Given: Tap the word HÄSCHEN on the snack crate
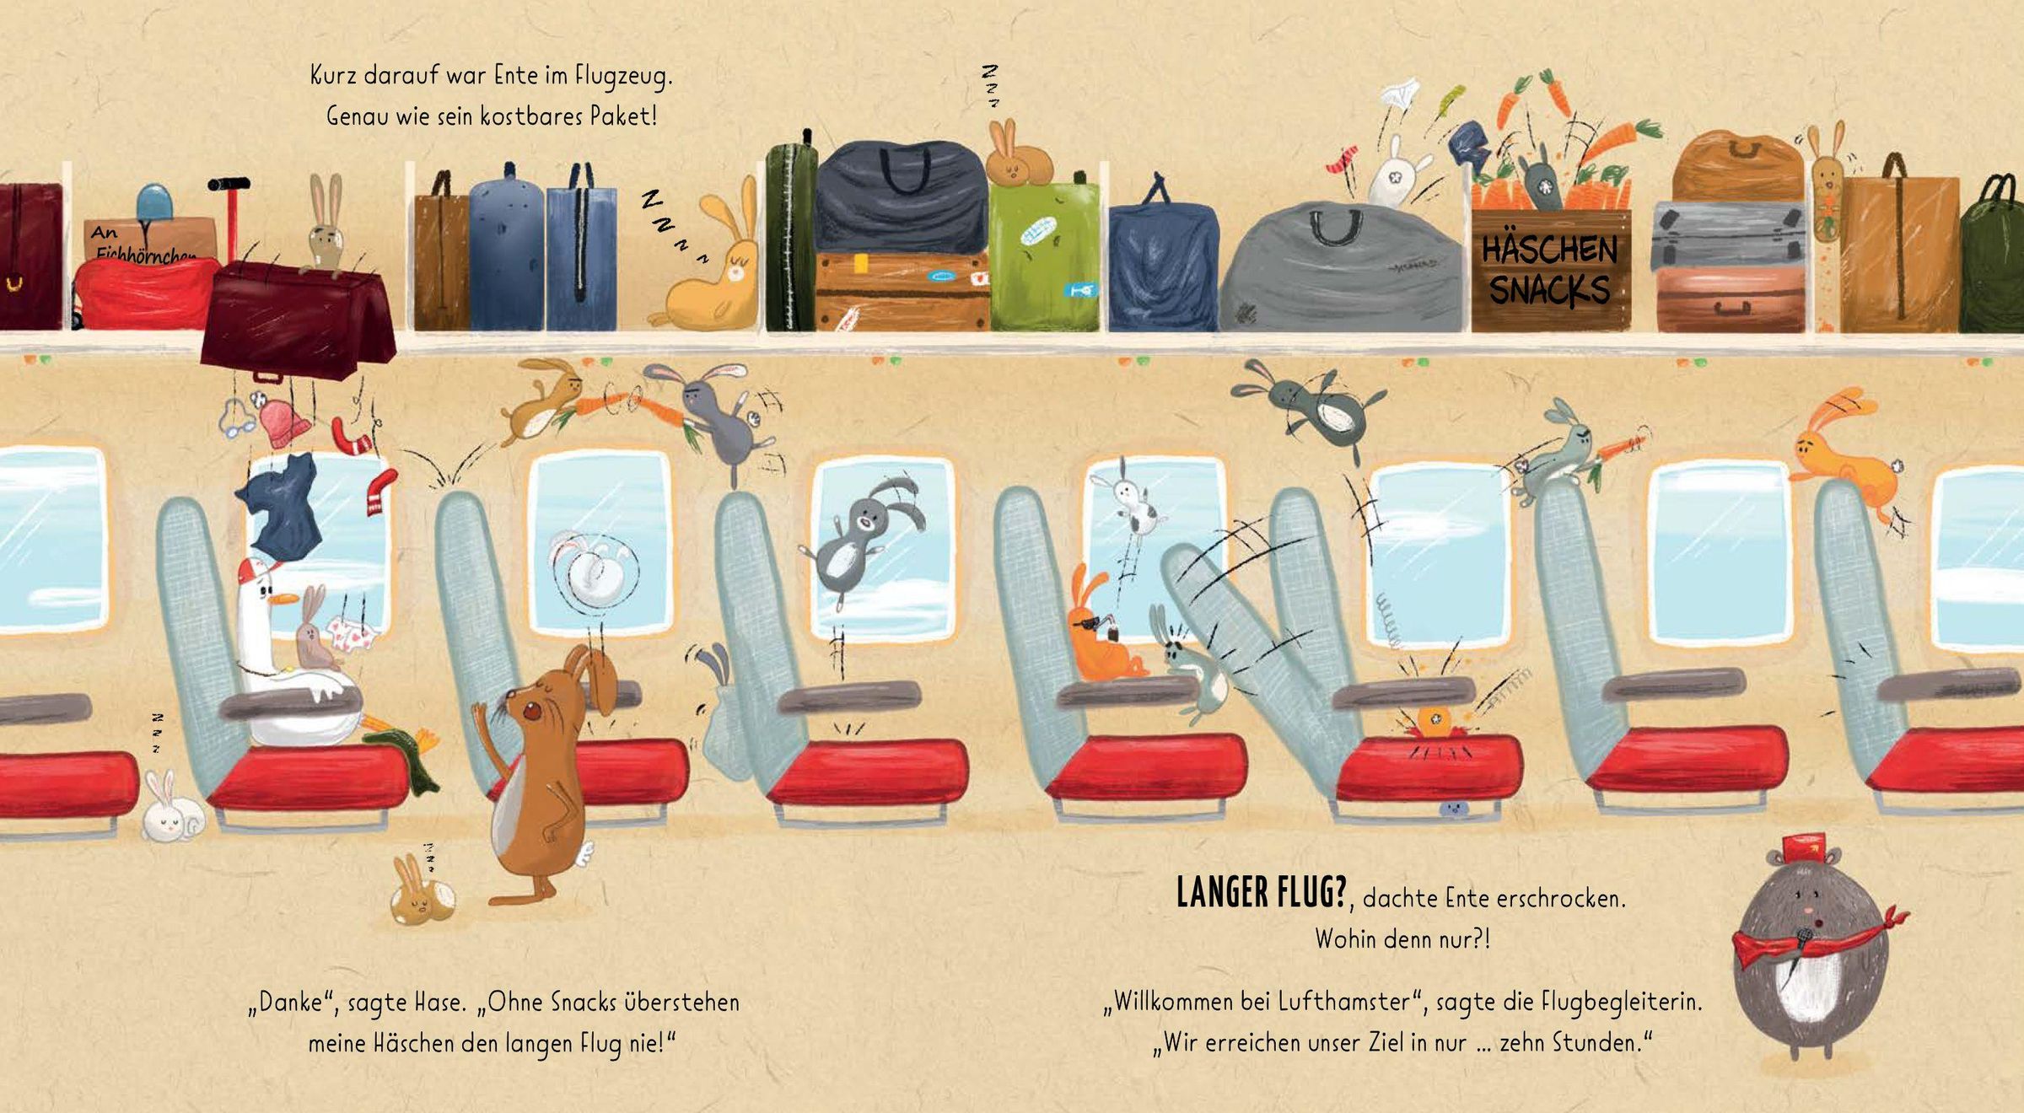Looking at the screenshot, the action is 1550,250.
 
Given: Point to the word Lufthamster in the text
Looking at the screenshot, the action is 1344,1002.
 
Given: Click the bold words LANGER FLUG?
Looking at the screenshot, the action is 1262,892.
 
